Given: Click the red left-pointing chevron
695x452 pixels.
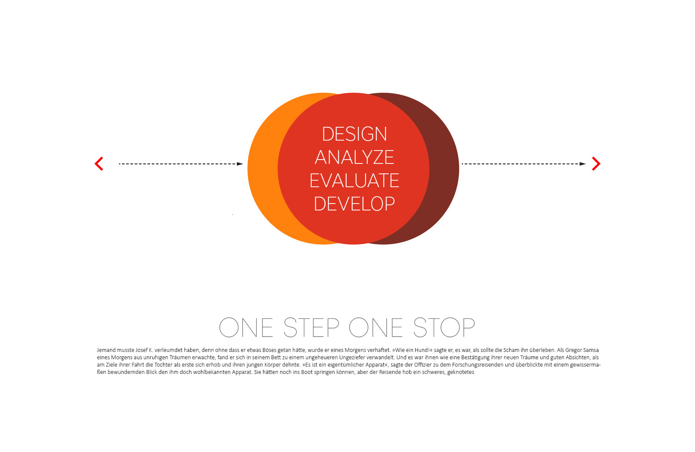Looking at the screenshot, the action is [99, 163].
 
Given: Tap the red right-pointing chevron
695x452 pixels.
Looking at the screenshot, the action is [596, 163].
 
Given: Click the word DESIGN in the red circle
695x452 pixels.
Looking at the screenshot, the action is [354, 134].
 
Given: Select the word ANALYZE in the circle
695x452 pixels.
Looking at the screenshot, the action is [354, 157].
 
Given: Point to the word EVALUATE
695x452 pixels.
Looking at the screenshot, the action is [354, 180].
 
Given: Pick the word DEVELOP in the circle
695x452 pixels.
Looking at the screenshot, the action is [354, 204].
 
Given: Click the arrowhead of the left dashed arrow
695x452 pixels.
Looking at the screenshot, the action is [240, 164].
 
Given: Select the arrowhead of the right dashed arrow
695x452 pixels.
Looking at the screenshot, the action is [582, 164].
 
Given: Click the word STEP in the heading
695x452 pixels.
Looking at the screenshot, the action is [312, 327].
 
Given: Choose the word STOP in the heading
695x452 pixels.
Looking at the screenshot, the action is [445, 327].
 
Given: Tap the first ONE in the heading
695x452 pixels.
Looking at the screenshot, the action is [246, 327].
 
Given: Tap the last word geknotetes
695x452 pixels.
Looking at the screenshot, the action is [461, 372].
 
